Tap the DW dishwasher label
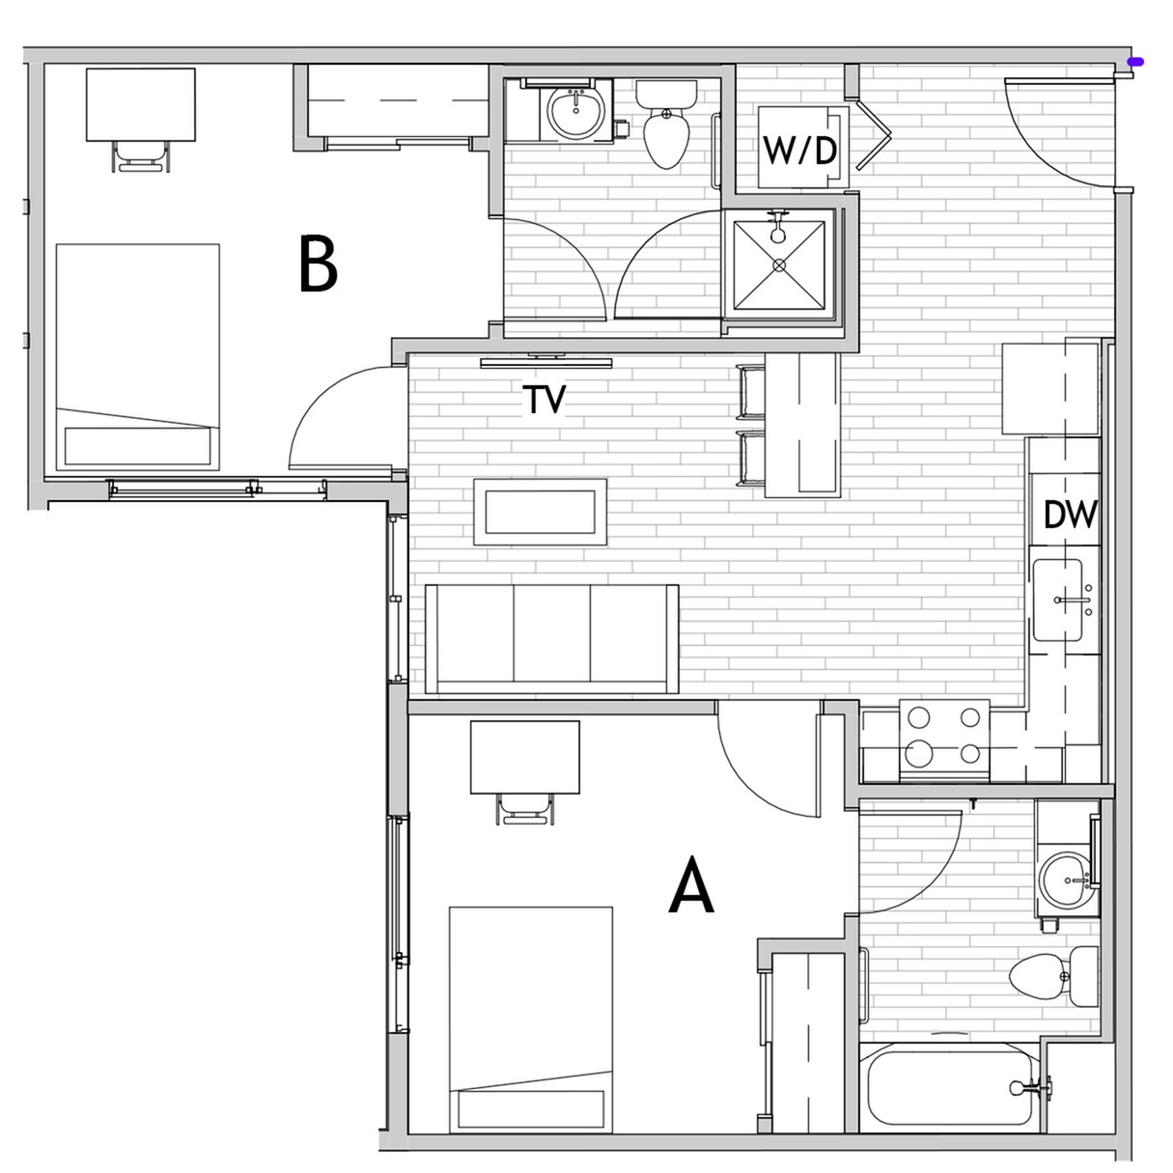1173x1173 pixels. tap(1071, 515)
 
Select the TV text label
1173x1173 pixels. tap(545, 399)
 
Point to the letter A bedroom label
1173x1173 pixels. tap(691, 888)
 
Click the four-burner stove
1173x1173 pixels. tap(944, 740)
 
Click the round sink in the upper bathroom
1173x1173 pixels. tap(575, 112)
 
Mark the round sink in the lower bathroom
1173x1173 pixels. tap(1066, 880)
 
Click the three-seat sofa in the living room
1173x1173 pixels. tap(551, 638)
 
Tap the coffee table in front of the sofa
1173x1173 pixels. tap(540, 512)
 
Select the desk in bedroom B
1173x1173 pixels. tap(141, 104)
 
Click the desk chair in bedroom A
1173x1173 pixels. tap(525, 808)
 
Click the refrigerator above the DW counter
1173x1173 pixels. tap(1050, 388)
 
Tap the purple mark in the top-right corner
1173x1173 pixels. tap(1140, 62)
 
